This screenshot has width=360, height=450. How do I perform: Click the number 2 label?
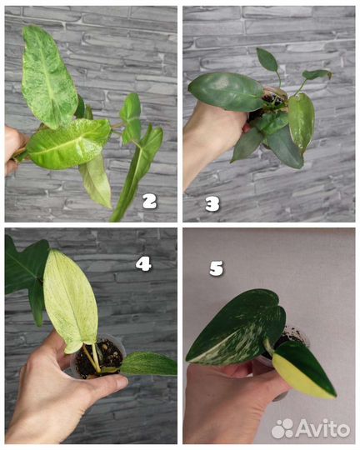coord(149,201)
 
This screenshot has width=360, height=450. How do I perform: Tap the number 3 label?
coord(212,204)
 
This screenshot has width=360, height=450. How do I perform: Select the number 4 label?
coord(143,263)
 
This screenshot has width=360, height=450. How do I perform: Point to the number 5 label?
coord(216,268)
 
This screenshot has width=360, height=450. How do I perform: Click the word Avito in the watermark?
coord(323,428)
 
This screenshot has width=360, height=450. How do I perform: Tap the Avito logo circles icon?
coord(282,428)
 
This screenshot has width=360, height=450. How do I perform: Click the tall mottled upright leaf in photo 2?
coord(47,76)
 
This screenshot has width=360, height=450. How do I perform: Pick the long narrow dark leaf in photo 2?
coord(137,172)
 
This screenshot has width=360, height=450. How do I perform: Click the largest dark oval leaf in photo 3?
coord(226,92)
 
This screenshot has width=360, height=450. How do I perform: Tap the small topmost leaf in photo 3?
coord(267,60)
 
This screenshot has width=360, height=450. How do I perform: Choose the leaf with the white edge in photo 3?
coord(302,122)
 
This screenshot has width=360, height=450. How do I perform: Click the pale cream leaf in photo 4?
coord(70,300)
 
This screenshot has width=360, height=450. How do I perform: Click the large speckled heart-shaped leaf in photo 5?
coord(237,328)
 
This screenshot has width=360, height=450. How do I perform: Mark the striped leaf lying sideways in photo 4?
coord(149,364)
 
